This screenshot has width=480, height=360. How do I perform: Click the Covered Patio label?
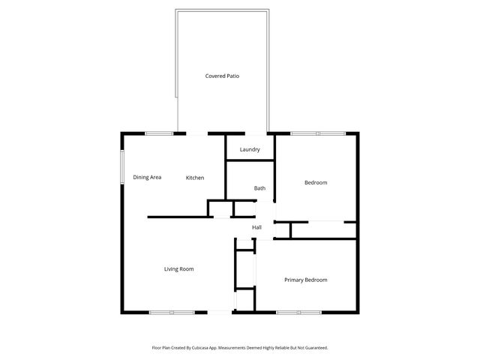(x=222, y=76)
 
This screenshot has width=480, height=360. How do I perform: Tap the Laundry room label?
(x=250, y=149)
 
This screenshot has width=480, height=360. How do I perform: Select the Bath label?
(x=259, y=188)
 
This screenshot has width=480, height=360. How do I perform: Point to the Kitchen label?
(x=195, y=178)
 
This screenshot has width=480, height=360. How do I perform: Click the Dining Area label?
(x=147, y=177)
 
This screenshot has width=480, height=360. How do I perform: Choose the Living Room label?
(x=178, y=269)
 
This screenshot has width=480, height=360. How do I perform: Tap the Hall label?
(x=256, y=227)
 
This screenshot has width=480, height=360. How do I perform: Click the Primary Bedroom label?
(x=306, y=280)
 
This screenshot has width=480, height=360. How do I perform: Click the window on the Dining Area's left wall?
(x=122, y=166)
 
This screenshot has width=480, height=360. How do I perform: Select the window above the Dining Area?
(x=159, y=133)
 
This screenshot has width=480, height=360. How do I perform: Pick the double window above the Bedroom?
(x=318, y=133)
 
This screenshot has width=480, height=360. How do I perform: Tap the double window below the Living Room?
(x=172, y=312)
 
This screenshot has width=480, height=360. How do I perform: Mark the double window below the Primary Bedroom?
(x=298, y=312)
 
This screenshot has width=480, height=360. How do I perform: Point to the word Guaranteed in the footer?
(x=318, y=348)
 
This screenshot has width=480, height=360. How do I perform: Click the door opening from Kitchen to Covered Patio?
(x=197, y=133)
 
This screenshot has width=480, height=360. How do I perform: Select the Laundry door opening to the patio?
(x=256, y=133)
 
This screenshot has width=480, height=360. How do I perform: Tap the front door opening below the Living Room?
(x=220, y=312)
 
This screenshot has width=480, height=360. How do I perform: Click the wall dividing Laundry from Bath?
(x=250, y=160)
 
